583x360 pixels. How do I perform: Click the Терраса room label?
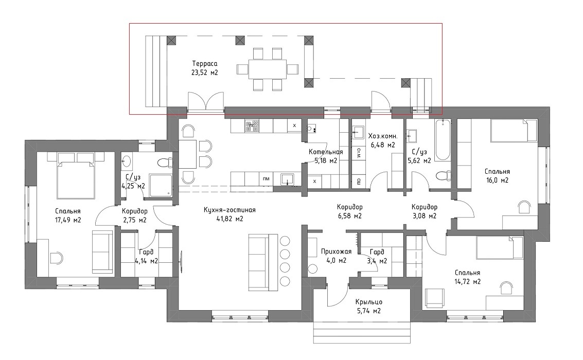point(204,64)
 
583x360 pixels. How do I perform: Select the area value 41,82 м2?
point(229,219)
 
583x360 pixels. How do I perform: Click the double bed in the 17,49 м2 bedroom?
point(76,175)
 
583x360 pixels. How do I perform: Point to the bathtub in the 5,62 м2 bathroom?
point(443,140)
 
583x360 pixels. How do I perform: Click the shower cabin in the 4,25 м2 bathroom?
point(161,185)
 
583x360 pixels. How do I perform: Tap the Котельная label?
point(326,152)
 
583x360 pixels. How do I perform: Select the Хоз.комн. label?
point(383,136)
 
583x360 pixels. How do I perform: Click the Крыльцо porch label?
point(368,302)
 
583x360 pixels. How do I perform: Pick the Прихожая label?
point(336,252)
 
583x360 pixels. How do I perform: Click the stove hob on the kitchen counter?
point(252,125)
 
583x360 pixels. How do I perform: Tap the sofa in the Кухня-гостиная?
point(263,263)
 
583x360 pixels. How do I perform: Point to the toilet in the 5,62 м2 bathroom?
point(443,176)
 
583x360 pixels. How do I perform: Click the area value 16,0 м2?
point(497,181)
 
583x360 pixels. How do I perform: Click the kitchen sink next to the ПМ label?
point(288,179)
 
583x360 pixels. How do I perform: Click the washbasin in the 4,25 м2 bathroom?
point(127,161)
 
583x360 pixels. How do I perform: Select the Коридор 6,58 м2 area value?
point(349,216)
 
